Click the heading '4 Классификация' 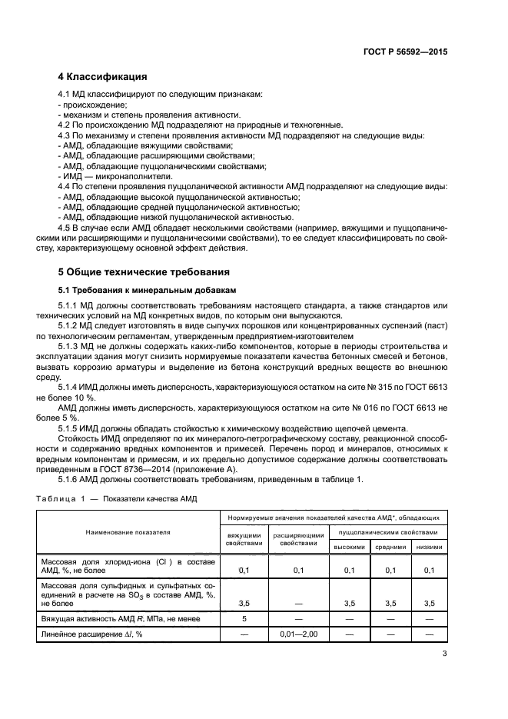pyautogui.click(x=103, y=77)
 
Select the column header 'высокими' pyautogui.click(x=349, y=547)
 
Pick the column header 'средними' pyautogui.click(x=390, y=547)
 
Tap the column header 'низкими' pyautogui.click(x=429, y=547)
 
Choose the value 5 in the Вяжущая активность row pyautogui.click(x=244, y=618)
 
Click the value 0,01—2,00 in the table pyautogui.click(x=299, y=634)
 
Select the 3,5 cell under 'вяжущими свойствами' pyautogui.click(x=244, y=603)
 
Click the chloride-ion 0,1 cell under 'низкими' pyautogui.click(x=429, y=570)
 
